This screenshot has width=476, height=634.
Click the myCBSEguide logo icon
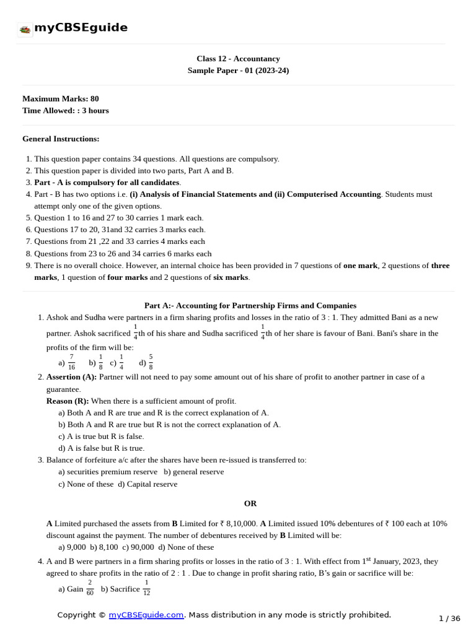[25, 29]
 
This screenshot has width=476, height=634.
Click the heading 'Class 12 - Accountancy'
[238, 59]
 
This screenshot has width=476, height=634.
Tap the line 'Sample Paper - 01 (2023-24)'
[238, 71]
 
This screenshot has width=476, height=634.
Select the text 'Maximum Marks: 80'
[60, 98]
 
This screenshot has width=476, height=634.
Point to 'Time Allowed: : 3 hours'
[65, 110]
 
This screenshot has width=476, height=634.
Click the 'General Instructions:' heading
[61, 139]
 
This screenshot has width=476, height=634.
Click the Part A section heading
[250, 305]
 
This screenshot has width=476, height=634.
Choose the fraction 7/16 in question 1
[71, 362]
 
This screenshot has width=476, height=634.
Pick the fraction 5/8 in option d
[151, 362]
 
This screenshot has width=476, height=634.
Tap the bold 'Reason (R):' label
[68, 401]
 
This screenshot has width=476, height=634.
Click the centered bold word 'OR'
[250, 503]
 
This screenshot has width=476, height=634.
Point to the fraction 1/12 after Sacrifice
[146, 588]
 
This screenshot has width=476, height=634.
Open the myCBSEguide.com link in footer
[146, 615]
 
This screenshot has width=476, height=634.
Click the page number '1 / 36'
[449, 619]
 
